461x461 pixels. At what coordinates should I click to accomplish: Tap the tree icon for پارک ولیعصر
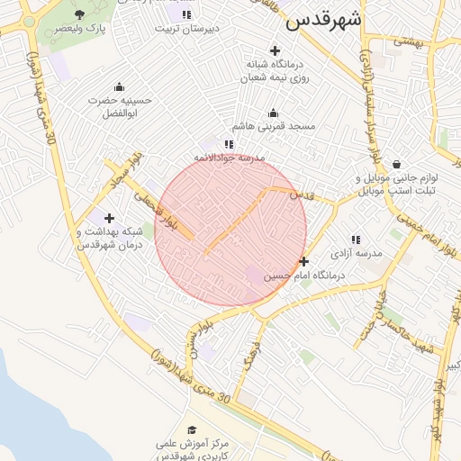[80, 14]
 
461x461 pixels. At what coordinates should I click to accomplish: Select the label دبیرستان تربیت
[188, 28]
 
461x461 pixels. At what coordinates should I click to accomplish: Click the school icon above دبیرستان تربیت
[186, 14]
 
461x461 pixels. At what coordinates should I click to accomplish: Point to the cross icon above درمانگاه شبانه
[275, 50]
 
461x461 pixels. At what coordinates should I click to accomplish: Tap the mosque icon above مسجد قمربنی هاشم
[274, 113]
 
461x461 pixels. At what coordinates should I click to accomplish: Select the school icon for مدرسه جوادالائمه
[229, 144]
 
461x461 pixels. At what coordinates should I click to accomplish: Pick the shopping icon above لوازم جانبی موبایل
[397, 164]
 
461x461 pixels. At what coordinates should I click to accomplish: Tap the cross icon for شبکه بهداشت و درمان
[109, 218]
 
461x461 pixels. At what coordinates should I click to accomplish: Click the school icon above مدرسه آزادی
[356, 240]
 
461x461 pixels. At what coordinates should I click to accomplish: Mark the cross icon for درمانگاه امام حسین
[304, 261]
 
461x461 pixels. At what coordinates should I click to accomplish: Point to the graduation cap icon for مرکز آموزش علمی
[191, 430]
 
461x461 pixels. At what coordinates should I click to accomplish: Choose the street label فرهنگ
[249, 356]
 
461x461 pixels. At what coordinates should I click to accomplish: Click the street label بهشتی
[408, 41]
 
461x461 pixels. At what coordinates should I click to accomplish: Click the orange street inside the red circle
[236, 221]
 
